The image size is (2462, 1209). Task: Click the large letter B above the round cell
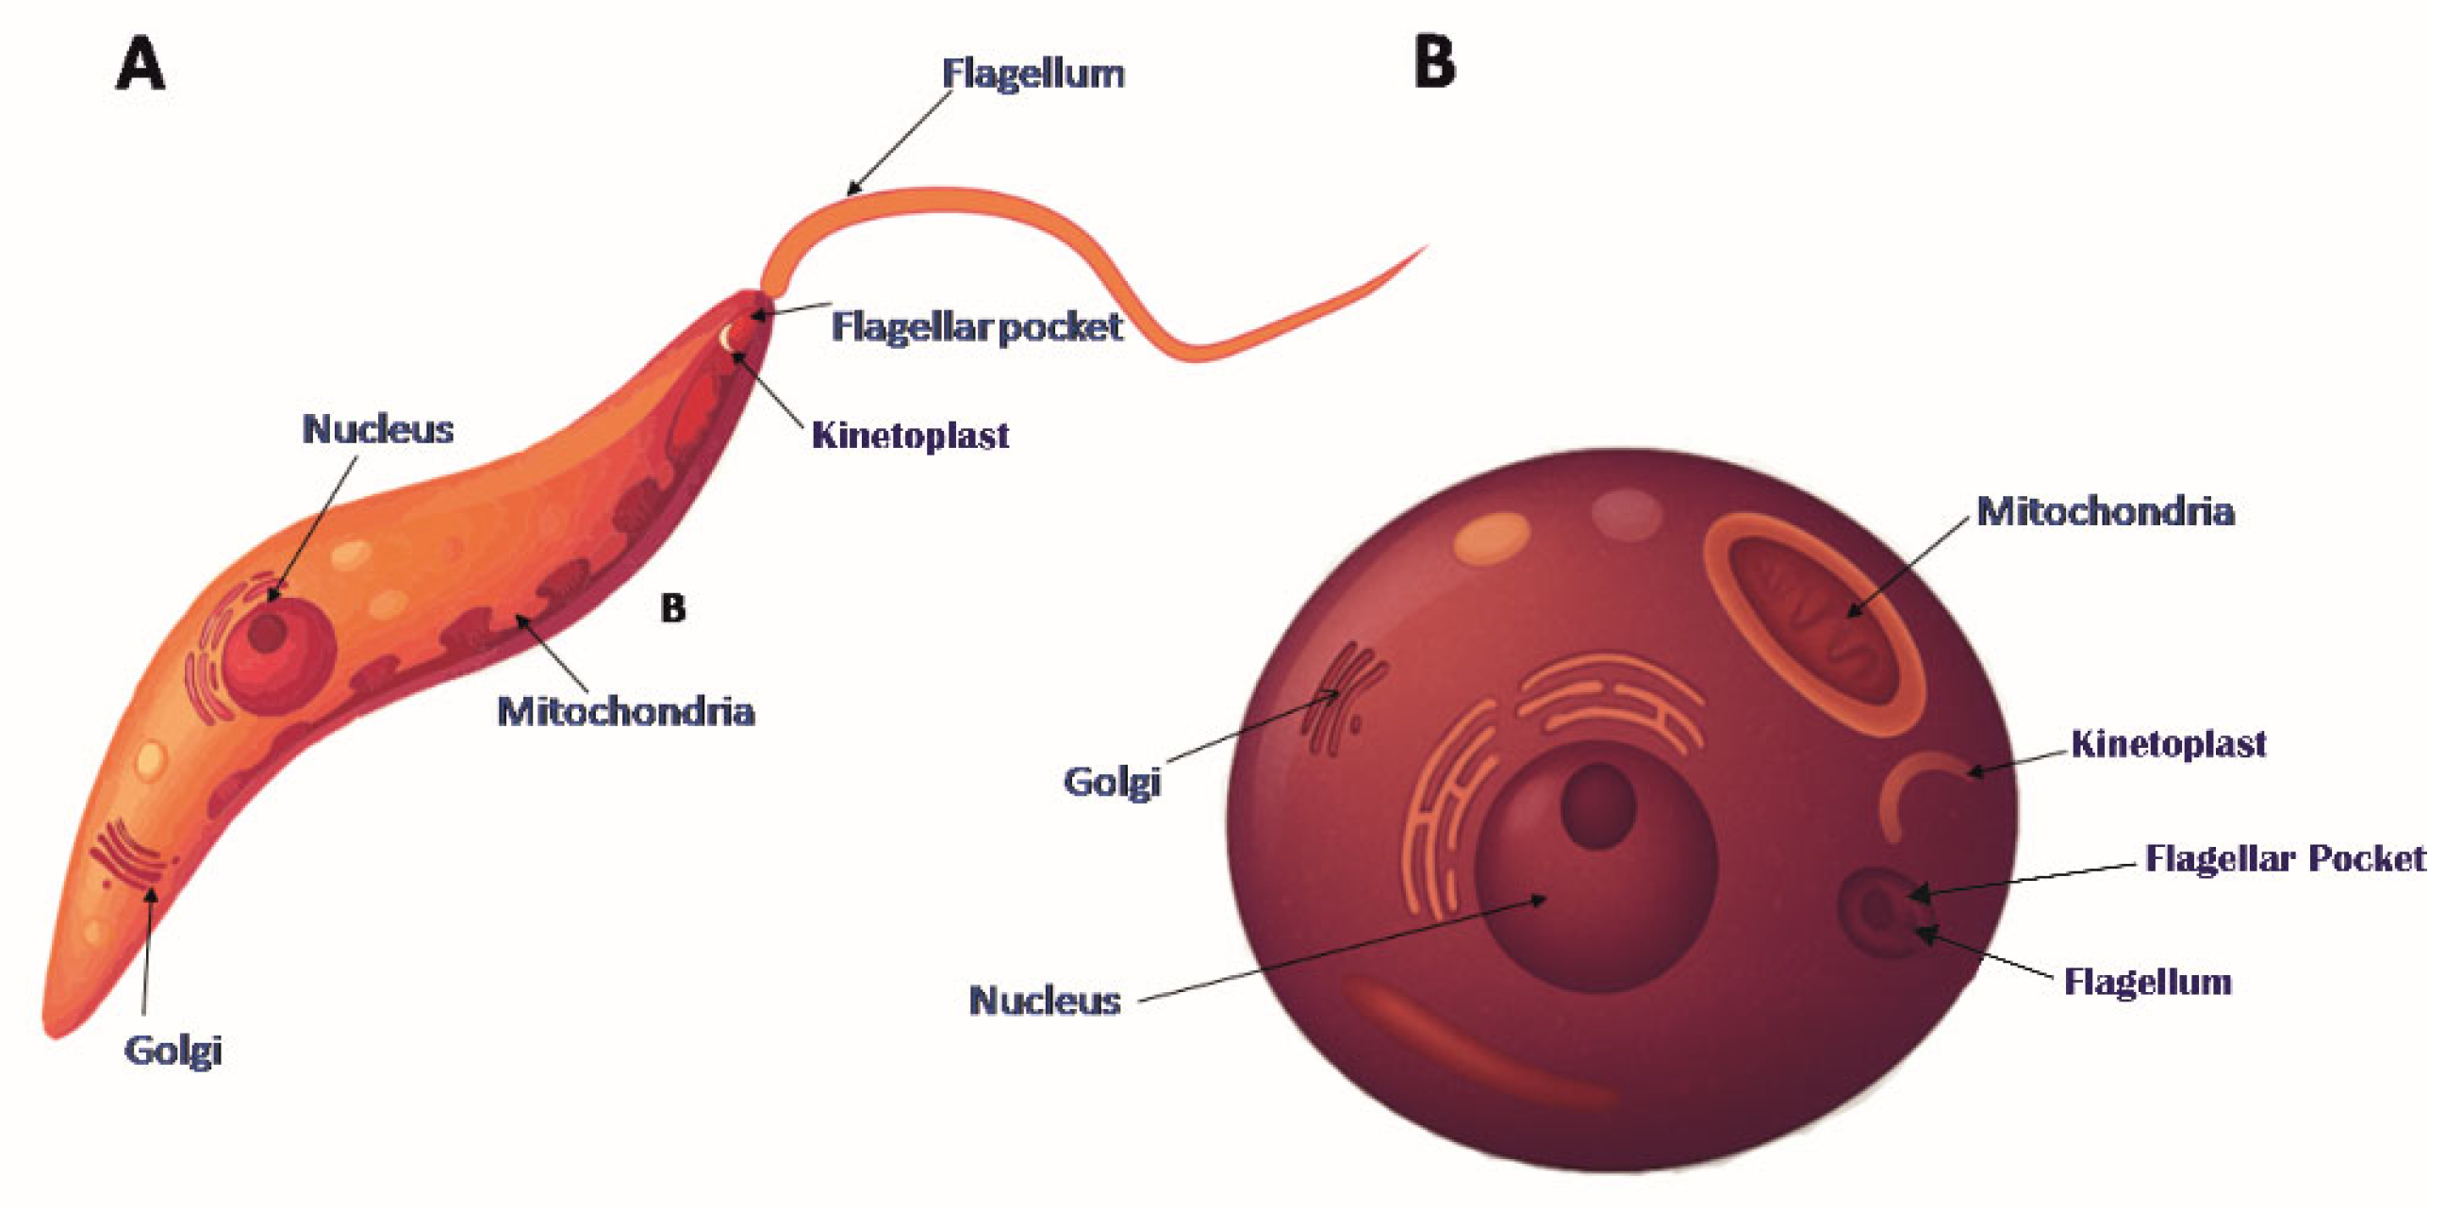pos(1434,64)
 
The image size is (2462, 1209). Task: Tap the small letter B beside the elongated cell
pos(673,608)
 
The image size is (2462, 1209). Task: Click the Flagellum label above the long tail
pos(1033,74)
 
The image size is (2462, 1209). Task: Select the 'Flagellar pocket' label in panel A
pos(976,327)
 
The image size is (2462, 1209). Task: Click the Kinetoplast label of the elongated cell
pos(910,436)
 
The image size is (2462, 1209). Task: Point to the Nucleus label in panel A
pos(377,430)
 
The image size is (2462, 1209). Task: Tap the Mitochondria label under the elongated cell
pos(626,712)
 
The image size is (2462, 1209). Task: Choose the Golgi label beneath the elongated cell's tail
pos(173,1051)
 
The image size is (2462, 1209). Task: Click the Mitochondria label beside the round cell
pos(2105,511)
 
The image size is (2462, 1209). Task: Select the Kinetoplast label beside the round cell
pos(2169,743)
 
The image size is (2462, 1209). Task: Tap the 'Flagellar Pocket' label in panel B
pos(2285,858)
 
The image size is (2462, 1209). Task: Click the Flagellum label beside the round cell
pos(2148,982)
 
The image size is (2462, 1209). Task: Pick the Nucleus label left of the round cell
pos(1045,1001)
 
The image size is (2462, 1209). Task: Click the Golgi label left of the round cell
pos(1112,782)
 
